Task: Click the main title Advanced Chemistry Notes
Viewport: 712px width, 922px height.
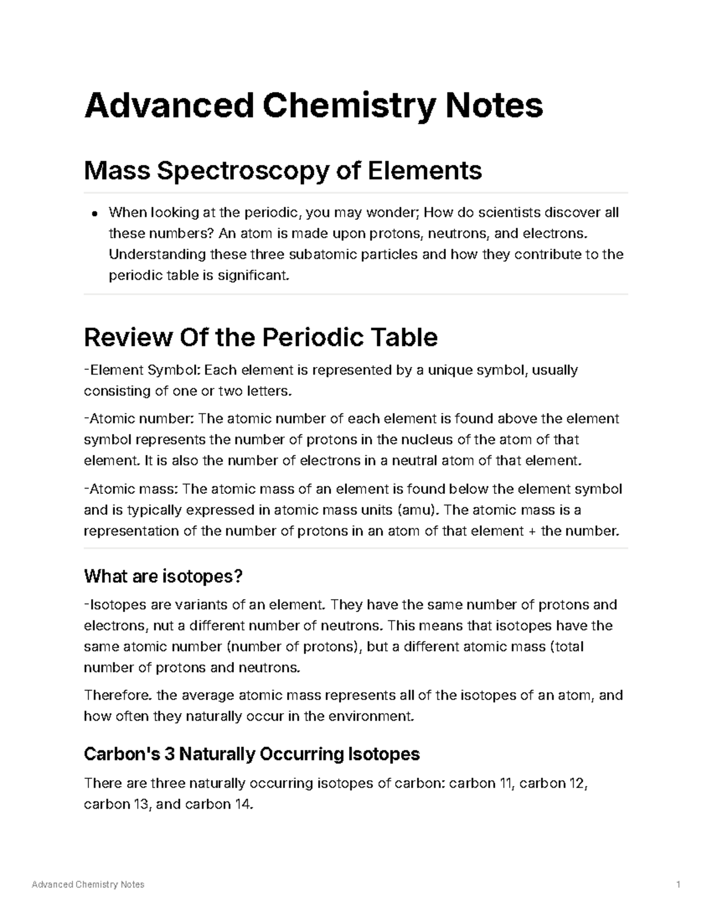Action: (x=313, y=105)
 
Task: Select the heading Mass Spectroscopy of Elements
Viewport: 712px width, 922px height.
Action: (x=282, y=171)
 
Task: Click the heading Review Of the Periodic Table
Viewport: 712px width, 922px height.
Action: (x=260, y=337)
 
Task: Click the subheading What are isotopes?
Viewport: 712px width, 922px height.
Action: (x=164, y=576)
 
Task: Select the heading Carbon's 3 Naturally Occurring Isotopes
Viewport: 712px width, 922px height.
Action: (x=252, y=754)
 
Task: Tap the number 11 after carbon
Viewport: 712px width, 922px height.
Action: (x=508, y=783)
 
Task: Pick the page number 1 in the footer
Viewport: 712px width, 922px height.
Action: (x=678, y=885)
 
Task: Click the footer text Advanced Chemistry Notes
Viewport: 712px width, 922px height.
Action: (x=88, y=885)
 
